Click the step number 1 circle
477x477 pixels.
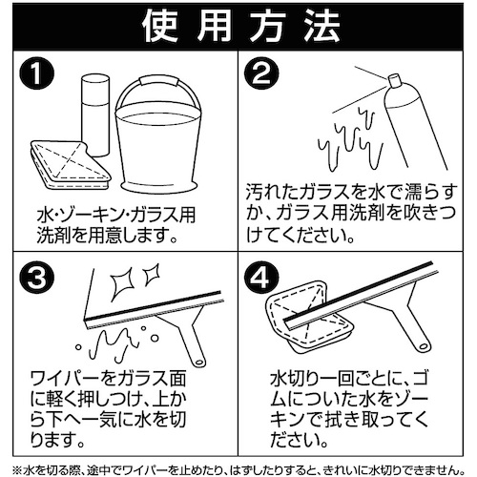(37, 73)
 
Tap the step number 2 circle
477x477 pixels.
(261, 73)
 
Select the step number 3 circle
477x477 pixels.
(37, 278)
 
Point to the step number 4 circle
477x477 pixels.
(262, 278)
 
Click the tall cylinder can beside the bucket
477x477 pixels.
(95, 115)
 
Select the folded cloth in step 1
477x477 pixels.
(70, 165)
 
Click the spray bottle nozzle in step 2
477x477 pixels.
(394, 80)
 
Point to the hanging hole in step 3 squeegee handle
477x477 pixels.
(199, 362)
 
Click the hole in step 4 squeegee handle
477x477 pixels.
(424, 345)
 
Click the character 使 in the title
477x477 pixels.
(160, 27)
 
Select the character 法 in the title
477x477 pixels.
(321, 27)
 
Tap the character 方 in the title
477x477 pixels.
(267, 27)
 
